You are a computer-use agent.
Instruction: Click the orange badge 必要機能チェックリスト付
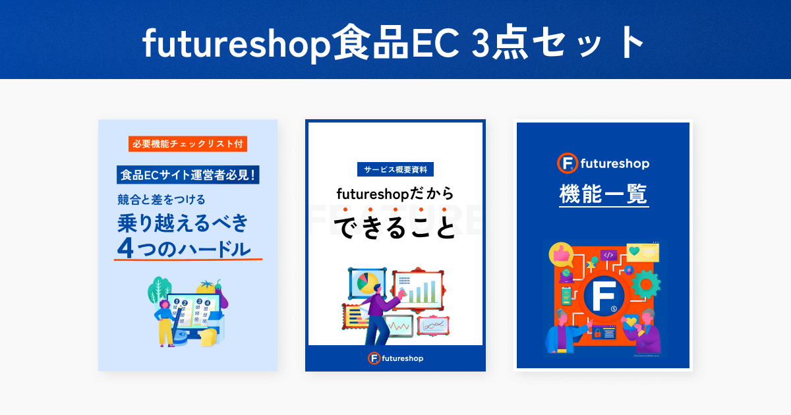click(x=187, y=144)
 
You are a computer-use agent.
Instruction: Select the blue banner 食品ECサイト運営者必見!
click(x=188, y=175)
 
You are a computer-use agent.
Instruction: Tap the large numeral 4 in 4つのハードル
click(x=125, y=248)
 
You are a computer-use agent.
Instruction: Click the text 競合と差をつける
click(x=161, y=200)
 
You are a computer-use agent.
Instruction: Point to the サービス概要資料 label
click(x=395, y=170)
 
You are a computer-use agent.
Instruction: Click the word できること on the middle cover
click(x=395, y=228)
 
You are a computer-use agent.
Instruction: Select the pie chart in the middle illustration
click(x=367, y=283)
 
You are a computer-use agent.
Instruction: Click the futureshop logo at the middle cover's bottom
click(x=395, y=358)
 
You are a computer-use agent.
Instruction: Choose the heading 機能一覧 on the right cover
click(x=604, y=194)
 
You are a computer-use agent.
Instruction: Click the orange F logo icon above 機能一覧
click(x=568, y=163)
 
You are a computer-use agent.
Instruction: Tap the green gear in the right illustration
click(x=646, y=285)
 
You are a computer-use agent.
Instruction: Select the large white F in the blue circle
click(x=604, y=296)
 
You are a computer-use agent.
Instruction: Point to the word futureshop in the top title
click(x=236, y=43)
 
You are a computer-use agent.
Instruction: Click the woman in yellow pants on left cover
click(x=165, y=323)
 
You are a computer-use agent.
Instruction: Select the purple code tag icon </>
click(x=608, y=255)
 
